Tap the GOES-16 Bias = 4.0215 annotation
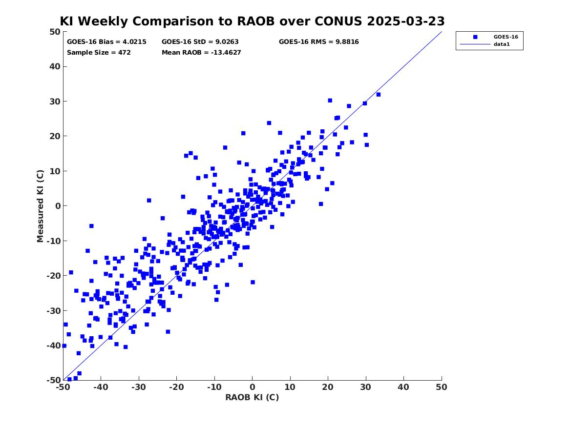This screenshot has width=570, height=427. [x=106, y=42]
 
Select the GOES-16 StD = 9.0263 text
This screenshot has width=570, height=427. [x=200, y=42]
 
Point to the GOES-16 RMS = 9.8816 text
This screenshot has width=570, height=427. [x=319, y=42]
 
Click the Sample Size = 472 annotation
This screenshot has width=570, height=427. [x=99, y=52]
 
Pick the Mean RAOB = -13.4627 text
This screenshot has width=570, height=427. [x=201, y=52]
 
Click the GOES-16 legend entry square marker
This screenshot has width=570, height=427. [x=475, y=37]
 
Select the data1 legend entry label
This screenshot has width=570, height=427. [x=502, y=44]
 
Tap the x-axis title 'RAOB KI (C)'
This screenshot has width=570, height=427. [x=253, y=397]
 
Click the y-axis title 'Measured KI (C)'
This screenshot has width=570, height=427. [x=40, y=206]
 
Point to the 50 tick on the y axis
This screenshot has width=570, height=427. [x=55, y=32]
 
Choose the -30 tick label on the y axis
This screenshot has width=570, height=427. [x=53, y=310]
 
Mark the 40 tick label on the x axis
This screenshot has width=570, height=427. [x=403, y=387]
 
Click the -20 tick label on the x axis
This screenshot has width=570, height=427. [x=176, y=387]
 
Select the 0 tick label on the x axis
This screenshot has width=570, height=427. [x=253, y=387]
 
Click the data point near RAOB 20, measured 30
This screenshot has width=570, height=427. [x=330, y=101]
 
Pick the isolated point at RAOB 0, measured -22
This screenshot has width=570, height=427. [x=253, y=282]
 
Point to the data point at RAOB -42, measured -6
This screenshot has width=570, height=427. [x=91, y=226]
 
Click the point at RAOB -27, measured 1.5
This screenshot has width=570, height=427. [x=148, y=201]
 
